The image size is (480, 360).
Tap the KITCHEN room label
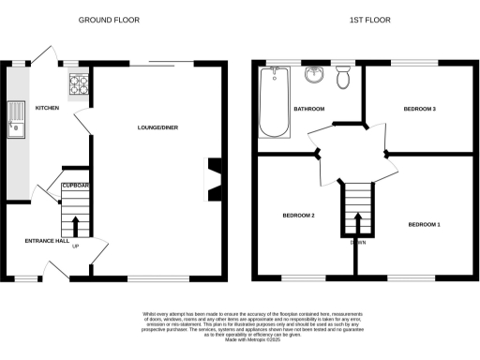pos(47,109)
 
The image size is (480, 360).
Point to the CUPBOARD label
pos(77,186)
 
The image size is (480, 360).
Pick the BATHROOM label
pos(308,109)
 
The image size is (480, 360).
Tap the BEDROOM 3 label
pos(419,109)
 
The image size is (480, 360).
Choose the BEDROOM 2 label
pos(297,216)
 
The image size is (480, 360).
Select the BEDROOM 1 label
pos(424,224)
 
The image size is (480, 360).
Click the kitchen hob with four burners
pos(77,87)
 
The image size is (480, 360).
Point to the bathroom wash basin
pos(312,77)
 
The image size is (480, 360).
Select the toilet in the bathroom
pos(342,79)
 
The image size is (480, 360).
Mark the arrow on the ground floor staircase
pos(76,222)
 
